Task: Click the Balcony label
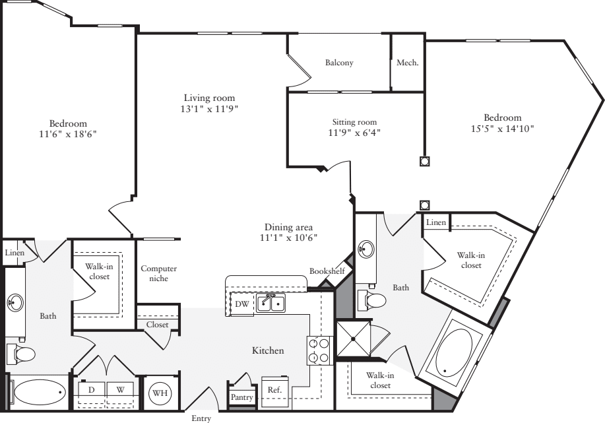click(x=339, y=63)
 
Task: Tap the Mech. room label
click(x=408, y=63)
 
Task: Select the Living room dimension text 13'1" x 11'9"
click(x=209, y=109)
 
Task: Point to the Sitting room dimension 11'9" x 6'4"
click(x=354, y=133)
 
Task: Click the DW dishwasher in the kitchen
click(x=242, y=304)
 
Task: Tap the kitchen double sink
click(x=271, y=303)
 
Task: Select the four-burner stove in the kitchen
click(x=320, y=350)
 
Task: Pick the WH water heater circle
click(x=160, y=393)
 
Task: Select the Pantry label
click(x=241, y=397)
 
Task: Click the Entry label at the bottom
click(x=201, y=418)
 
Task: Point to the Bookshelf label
click(x=327, y=271)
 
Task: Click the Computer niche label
click(x=158, y=273)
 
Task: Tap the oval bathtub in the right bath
click(x=454, y=352)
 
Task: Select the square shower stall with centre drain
click(x=353, y=339)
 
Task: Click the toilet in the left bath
click(x=22, y=354)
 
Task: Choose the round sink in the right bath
click(x=366, y=248)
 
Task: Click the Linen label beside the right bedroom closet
click(x=436, y=222)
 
